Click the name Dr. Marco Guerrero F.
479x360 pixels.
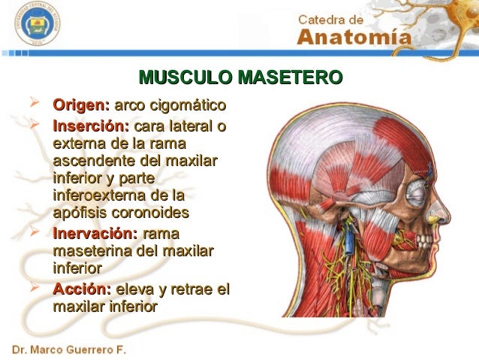[x=68, y=350]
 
